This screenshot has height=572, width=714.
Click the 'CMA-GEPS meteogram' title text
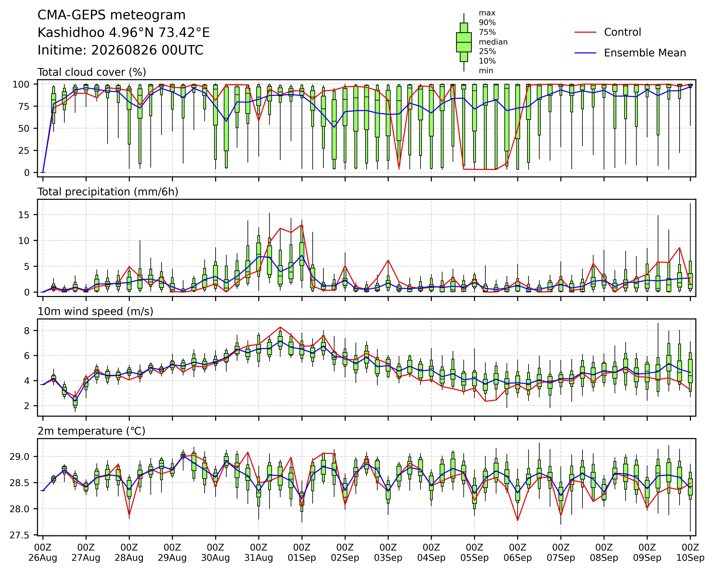[112, 15]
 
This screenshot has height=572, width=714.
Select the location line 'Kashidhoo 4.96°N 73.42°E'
[124, 33]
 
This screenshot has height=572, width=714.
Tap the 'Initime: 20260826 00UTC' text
[120, 50]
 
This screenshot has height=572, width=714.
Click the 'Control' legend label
[622, 32]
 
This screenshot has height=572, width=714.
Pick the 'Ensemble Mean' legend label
[645, 53]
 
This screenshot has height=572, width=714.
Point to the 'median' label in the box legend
[493, 42]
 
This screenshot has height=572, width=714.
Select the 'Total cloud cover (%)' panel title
[92, 72]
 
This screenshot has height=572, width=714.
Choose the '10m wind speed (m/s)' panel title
[95, 312]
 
